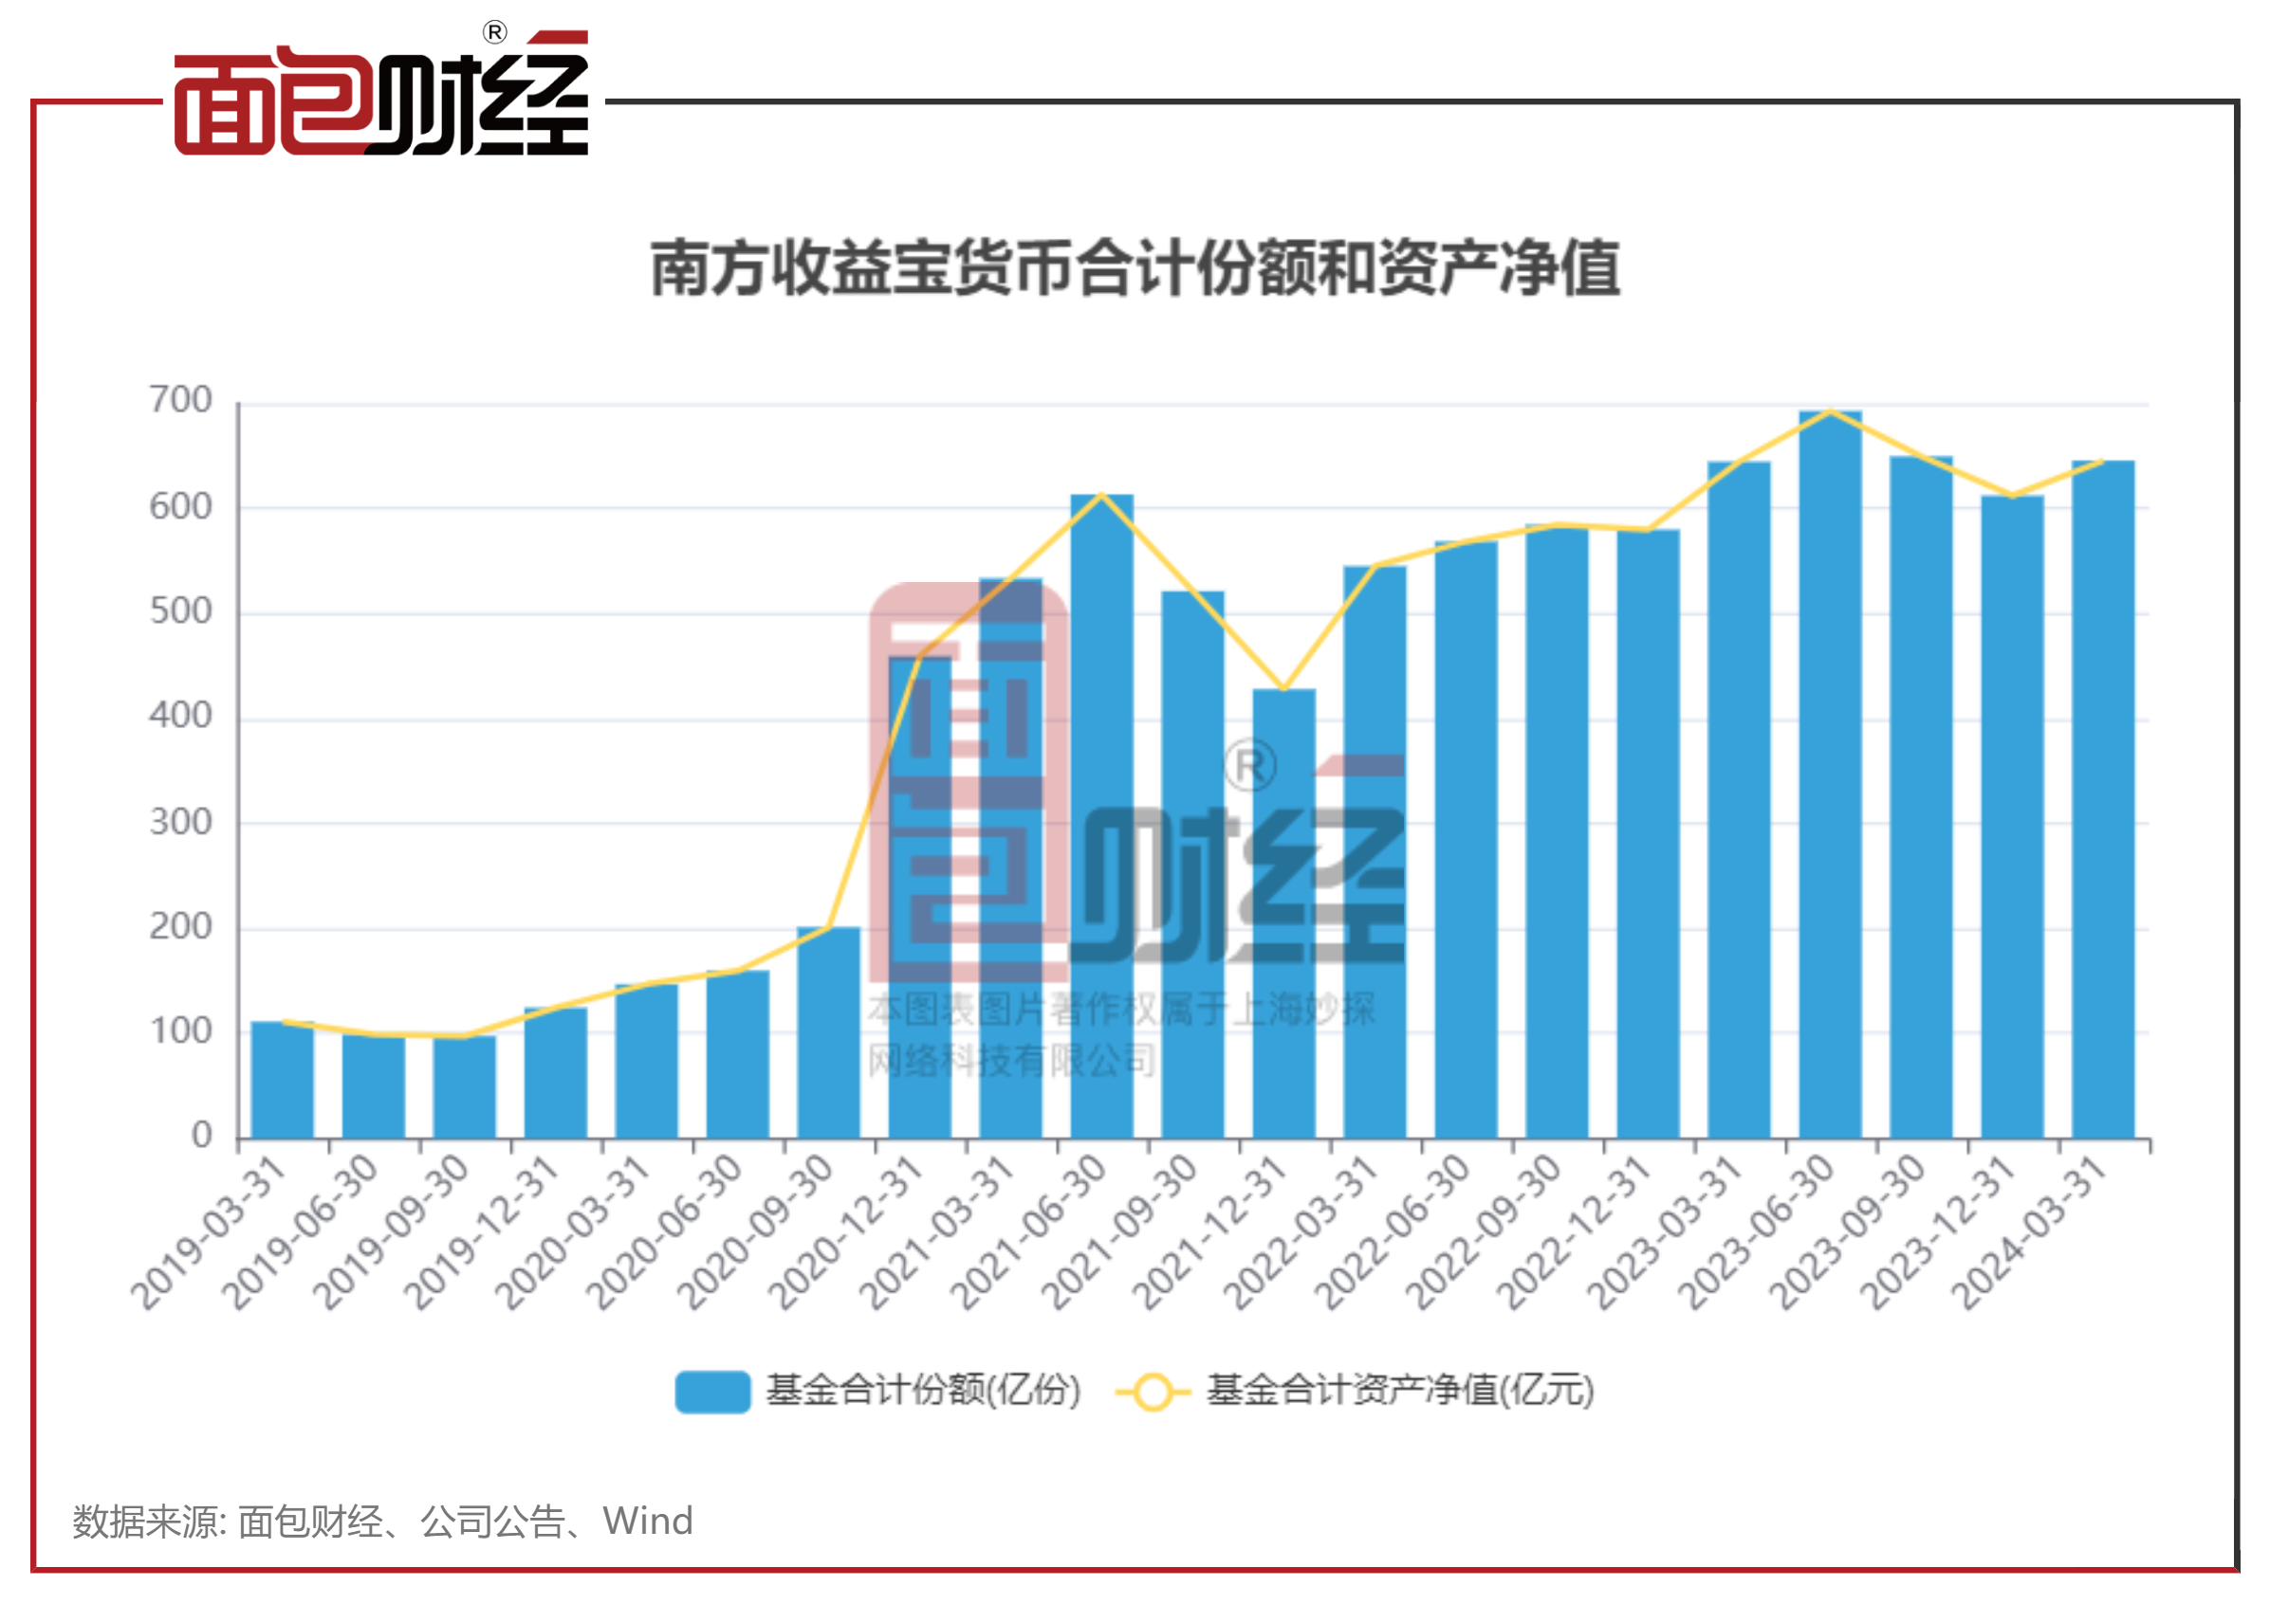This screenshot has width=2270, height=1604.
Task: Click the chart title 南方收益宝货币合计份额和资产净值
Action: (x=1135, y=268)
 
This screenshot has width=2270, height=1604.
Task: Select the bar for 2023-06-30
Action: (x=1829, y=775)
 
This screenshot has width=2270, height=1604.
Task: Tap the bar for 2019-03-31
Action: (x=282, y=1079)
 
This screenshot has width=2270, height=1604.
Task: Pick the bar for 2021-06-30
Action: (x=1101, y=816)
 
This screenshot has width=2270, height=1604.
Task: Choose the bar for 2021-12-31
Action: (x=1283, y=913)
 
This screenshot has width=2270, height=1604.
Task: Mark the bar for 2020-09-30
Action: (x=828, y=1031)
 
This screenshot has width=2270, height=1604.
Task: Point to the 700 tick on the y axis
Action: (x=181, y=400)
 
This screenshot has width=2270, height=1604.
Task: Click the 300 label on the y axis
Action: (x=181, y=822)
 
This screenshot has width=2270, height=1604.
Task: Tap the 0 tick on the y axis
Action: (x=202, y=1136)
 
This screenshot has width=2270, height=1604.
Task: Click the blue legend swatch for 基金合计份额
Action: (x=711, y=1392)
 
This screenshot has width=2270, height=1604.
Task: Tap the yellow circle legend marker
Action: (x=1152, y=1392)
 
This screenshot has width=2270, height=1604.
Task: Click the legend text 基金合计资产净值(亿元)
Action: (x=1399, y=1391)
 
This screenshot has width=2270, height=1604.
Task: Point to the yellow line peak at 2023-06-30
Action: (x=1830, y=411)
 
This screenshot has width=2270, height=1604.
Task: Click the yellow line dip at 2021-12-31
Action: (x=1283, y=689)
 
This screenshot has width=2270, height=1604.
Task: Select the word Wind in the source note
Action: (x=648, y=1521)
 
